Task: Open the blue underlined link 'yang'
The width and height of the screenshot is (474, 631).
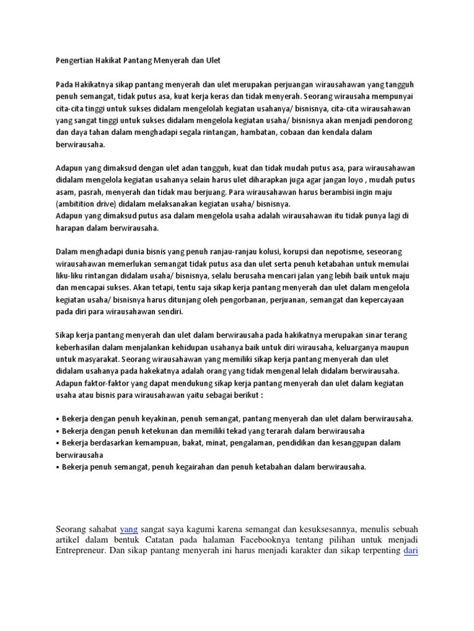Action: point(128,528)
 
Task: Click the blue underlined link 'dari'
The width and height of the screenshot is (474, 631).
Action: point(411,552)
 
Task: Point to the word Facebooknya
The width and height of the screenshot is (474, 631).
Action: point(270,540)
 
